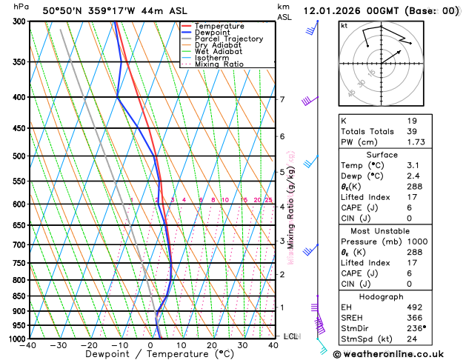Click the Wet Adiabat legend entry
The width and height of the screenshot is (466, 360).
pyautogui.click(x=216, y=51)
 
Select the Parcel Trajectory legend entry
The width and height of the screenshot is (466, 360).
pyautogui.click(x=222, y=39)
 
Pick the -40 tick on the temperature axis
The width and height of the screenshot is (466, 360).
pyautogui.click(x=30, y=345)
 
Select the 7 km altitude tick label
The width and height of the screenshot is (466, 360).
pyautogui.click(x=282, y=99)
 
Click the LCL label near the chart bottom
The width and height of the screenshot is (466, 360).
pyautogui.click(x=290, y=336)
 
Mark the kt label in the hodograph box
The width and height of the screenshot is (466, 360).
pyautogui.click(x=344, y=26)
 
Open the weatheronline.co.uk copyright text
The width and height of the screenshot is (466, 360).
pyautogui.click(x=398, y=353)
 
